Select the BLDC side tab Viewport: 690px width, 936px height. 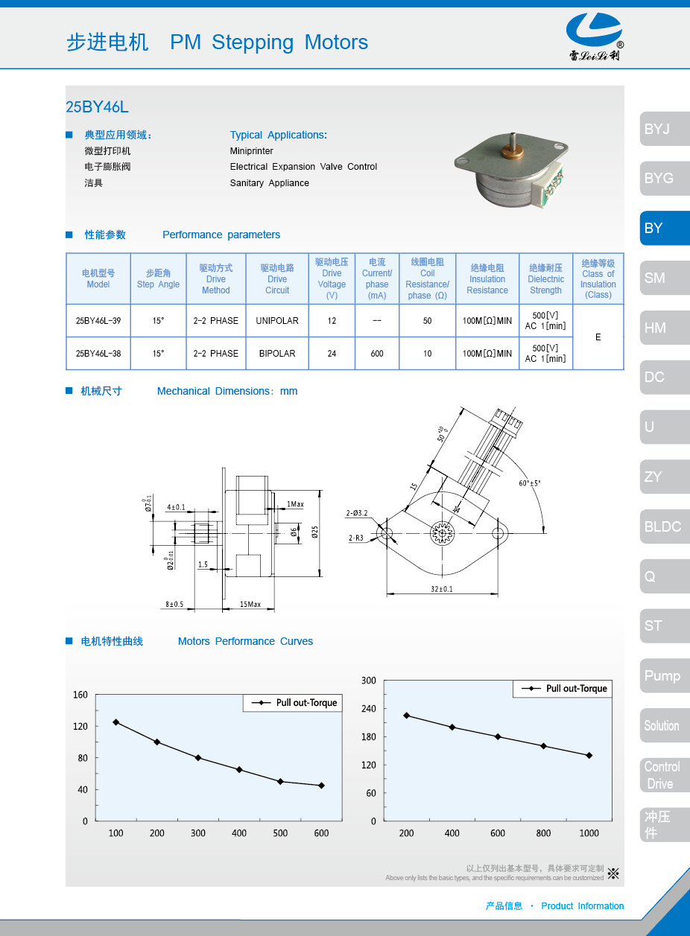(x=663, y=526)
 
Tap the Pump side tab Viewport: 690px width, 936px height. (x=663, y=676)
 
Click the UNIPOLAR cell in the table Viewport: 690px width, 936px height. (x=277, y=321)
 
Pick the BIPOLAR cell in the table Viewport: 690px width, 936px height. (x=277, y=354)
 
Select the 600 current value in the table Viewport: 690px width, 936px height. (x=377, y=354)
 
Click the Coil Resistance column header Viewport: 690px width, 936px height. (x=427, y=279)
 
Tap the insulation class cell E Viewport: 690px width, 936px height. (x=598, y=337)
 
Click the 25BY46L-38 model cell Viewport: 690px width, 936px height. (x=98, y=354)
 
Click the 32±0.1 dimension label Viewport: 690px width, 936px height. (x=441, y=589)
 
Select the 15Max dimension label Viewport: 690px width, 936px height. (x=250, y=604)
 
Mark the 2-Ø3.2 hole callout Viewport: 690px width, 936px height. (x=357, y=513)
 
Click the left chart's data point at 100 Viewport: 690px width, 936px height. (x=115, y=722)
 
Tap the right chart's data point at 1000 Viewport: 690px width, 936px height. (x=589, y=755)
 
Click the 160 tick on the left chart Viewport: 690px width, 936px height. (x=80, y=695)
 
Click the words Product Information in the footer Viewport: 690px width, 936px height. (x=582, y=906)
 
